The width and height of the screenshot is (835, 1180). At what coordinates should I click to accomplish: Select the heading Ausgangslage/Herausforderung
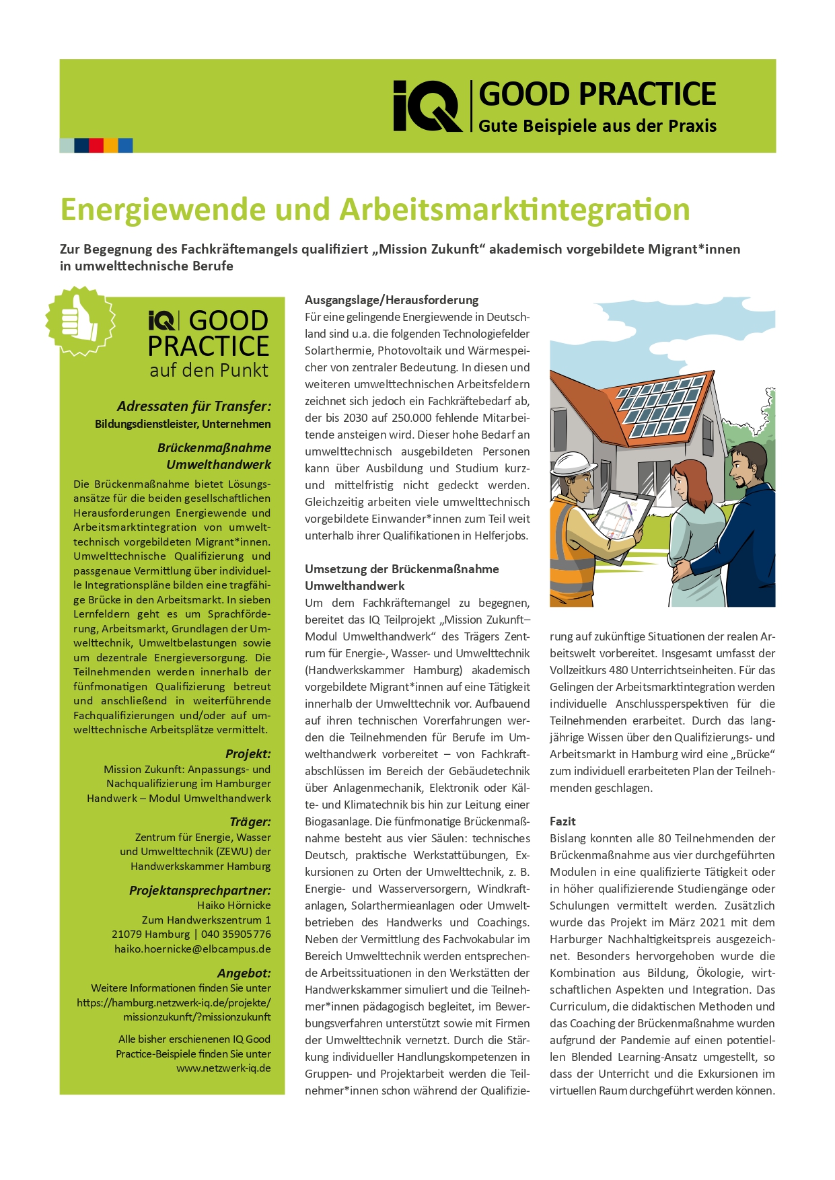[392, 300]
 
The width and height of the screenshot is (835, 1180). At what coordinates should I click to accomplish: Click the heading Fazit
[562, 821]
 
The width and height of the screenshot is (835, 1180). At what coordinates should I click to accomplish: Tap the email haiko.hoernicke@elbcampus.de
[192, 949]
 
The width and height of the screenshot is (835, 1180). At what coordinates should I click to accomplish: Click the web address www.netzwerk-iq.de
[223, 1068]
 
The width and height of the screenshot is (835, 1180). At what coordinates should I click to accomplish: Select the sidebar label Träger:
[250, 821]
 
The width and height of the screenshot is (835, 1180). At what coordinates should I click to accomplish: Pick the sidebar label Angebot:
[244, 973]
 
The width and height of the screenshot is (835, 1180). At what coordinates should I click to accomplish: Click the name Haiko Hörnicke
[233, 906]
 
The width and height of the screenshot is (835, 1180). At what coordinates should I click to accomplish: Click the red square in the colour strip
[96, 145]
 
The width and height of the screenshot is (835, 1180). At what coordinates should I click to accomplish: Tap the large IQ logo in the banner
[427, 106]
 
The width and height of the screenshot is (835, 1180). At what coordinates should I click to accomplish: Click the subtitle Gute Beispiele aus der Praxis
[597, 126]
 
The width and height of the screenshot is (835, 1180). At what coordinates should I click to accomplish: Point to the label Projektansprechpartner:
[200, 890]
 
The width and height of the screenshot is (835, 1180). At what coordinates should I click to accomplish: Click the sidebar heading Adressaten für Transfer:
[194, 406]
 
